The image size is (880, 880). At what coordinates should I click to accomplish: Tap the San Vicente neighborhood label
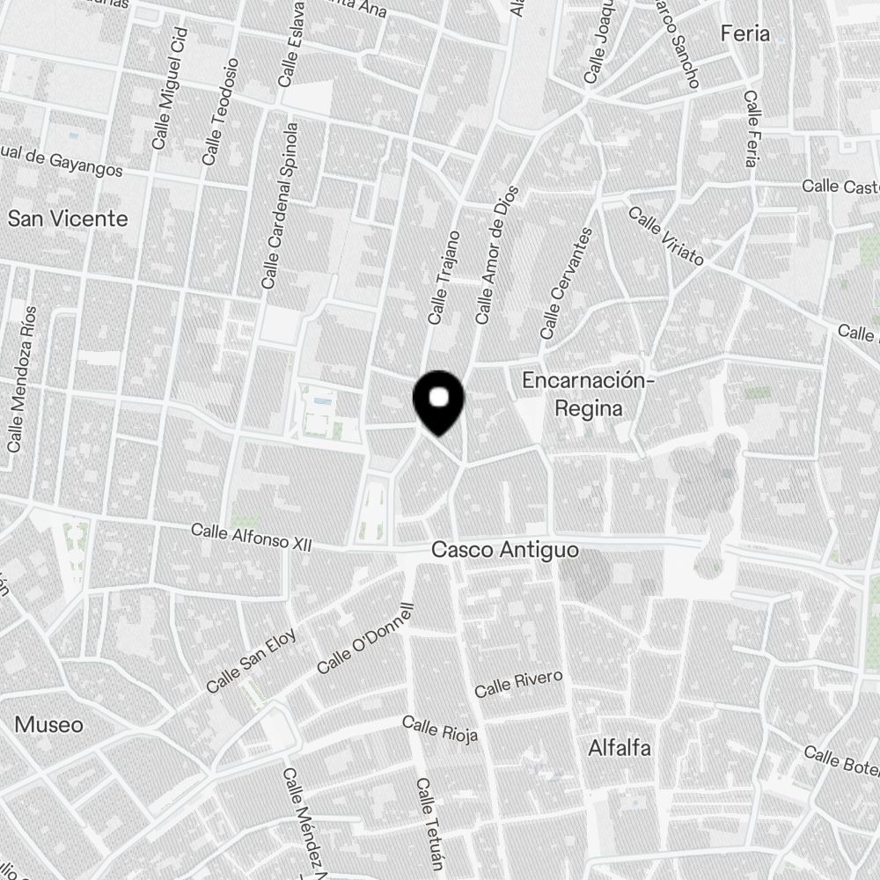point(68,218)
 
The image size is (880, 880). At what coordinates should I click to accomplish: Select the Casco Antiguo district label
point(505,550)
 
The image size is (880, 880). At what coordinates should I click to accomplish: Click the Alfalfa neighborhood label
point(620,749)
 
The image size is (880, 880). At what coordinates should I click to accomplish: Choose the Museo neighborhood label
point(49,725)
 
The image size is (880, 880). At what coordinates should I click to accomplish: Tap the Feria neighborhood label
point(744,34)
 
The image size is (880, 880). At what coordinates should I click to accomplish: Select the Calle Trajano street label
point(444,276)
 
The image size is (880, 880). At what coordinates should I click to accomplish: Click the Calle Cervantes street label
point(567,283)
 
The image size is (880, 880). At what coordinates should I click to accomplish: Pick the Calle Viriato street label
point(665,236)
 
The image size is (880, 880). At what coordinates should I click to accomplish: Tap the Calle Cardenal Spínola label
point(281,206)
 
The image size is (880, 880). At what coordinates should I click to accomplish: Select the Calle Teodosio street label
point(220,111)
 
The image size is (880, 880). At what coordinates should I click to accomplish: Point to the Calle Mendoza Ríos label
point(22,378)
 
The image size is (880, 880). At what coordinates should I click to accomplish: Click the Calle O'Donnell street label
point(364,638)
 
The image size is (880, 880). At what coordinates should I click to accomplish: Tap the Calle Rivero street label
point(518,684)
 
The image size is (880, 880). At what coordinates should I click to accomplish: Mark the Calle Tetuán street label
point(429,822)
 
